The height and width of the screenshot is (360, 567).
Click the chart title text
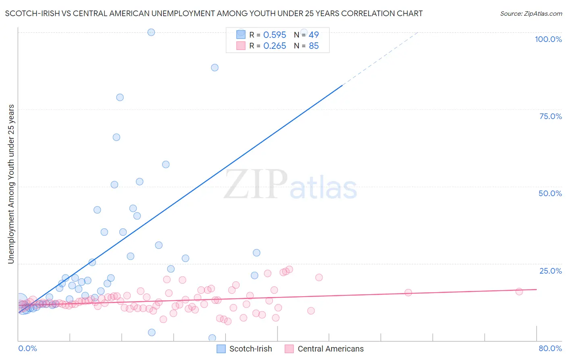tap(214, 13)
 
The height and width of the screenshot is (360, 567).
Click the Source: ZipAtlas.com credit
tap(531, 13)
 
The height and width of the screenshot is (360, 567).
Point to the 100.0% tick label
tap(548, 39)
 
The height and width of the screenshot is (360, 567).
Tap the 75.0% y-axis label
tap(550, 116)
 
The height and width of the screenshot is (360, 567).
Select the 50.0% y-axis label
tap(550, 193)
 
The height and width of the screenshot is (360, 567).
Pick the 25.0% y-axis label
tap(550, 271)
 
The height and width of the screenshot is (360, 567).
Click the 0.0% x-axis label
tap(27, 348)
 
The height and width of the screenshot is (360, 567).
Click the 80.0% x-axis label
tap(550, 348)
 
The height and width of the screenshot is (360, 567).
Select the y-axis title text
tap(11, 184)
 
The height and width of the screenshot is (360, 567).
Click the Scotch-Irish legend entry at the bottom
tap(244, 349)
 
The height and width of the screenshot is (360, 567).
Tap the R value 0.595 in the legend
tap(275, 35)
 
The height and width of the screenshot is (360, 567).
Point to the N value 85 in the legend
tap(314, 46)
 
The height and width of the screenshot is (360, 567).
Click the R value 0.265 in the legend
tap(275, 46)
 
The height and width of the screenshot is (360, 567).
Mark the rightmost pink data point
tap(519, 291)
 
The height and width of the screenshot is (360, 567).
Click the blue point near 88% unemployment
tap(215, 67)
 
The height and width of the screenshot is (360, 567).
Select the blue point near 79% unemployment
tap(120, 97)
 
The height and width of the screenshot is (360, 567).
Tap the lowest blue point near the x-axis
tap(212, 338)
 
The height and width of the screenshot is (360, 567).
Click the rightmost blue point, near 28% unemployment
tap(256, 253)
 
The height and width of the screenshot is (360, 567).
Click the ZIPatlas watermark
tap(290, 185)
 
